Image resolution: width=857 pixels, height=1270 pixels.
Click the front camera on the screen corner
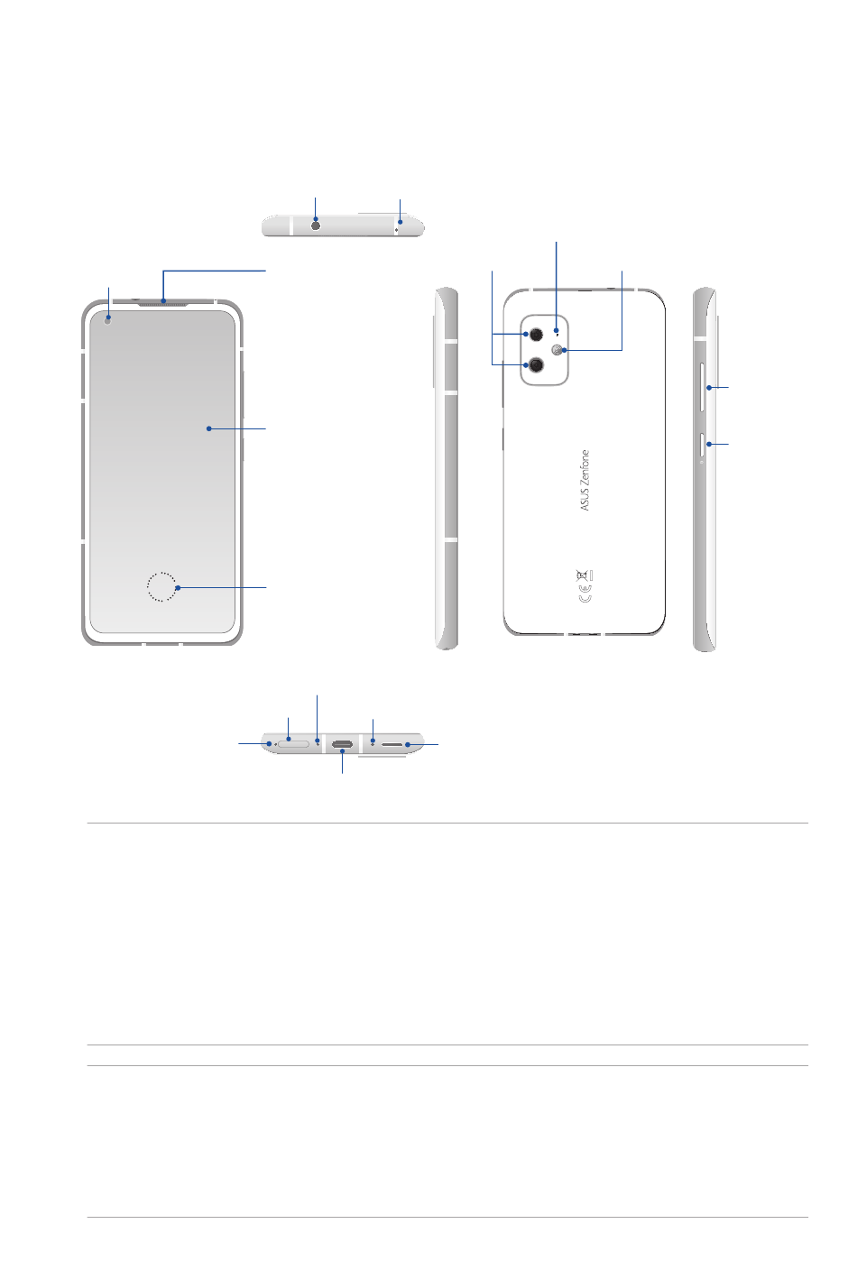108,319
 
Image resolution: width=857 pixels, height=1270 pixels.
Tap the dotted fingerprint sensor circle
161,586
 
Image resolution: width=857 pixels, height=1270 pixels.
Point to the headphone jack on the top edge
316,225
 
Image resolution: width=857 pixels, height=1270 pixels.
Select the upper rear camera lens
537,335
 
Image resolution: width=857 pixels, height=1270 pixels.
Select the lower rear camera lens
537,364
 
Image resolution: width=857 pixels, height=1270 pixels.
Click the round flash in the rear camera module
558,350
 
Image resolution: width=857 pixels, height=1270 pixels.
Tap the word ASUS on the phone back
585,499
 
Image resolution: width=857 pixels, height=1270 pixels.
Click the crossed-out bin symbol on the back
585,575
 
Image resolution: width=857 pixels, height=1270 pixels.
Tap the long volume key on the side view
704,388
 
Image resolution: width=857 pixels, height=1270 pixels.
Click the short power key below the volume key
704,444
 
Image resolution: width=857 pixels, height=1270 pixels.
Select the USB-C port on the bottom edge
342,745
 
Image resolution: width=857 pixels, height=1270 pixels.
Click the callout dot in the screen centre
208,428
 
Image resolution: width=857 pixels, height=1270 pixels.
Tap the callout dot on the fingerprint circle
179,588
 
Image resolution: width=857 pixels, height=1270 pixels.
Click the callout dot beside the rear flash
565,350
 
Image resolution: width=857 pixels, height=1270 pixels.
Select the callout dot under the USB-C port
342,751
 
